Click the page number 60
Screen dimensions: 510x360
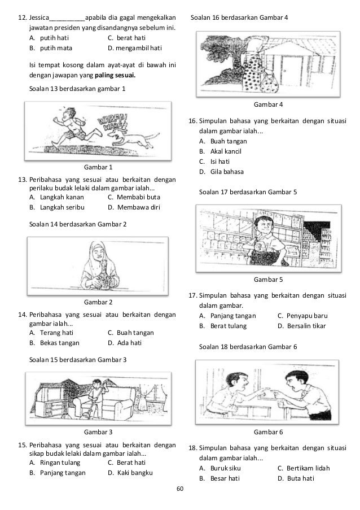pos(180,489)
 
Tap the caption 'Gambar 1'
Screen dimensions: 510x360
pos(98,168)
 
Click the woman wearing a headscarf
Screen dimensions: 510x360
pos(102,265)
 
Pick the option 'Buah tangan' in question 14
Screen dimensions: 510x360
pos(130,333)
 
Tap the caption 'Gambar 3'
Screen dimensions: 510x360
pos(98,432)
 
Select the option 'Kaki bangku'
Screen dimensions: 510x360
pos(130,472)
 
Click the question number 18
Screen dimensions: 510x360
pos(192,448)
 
